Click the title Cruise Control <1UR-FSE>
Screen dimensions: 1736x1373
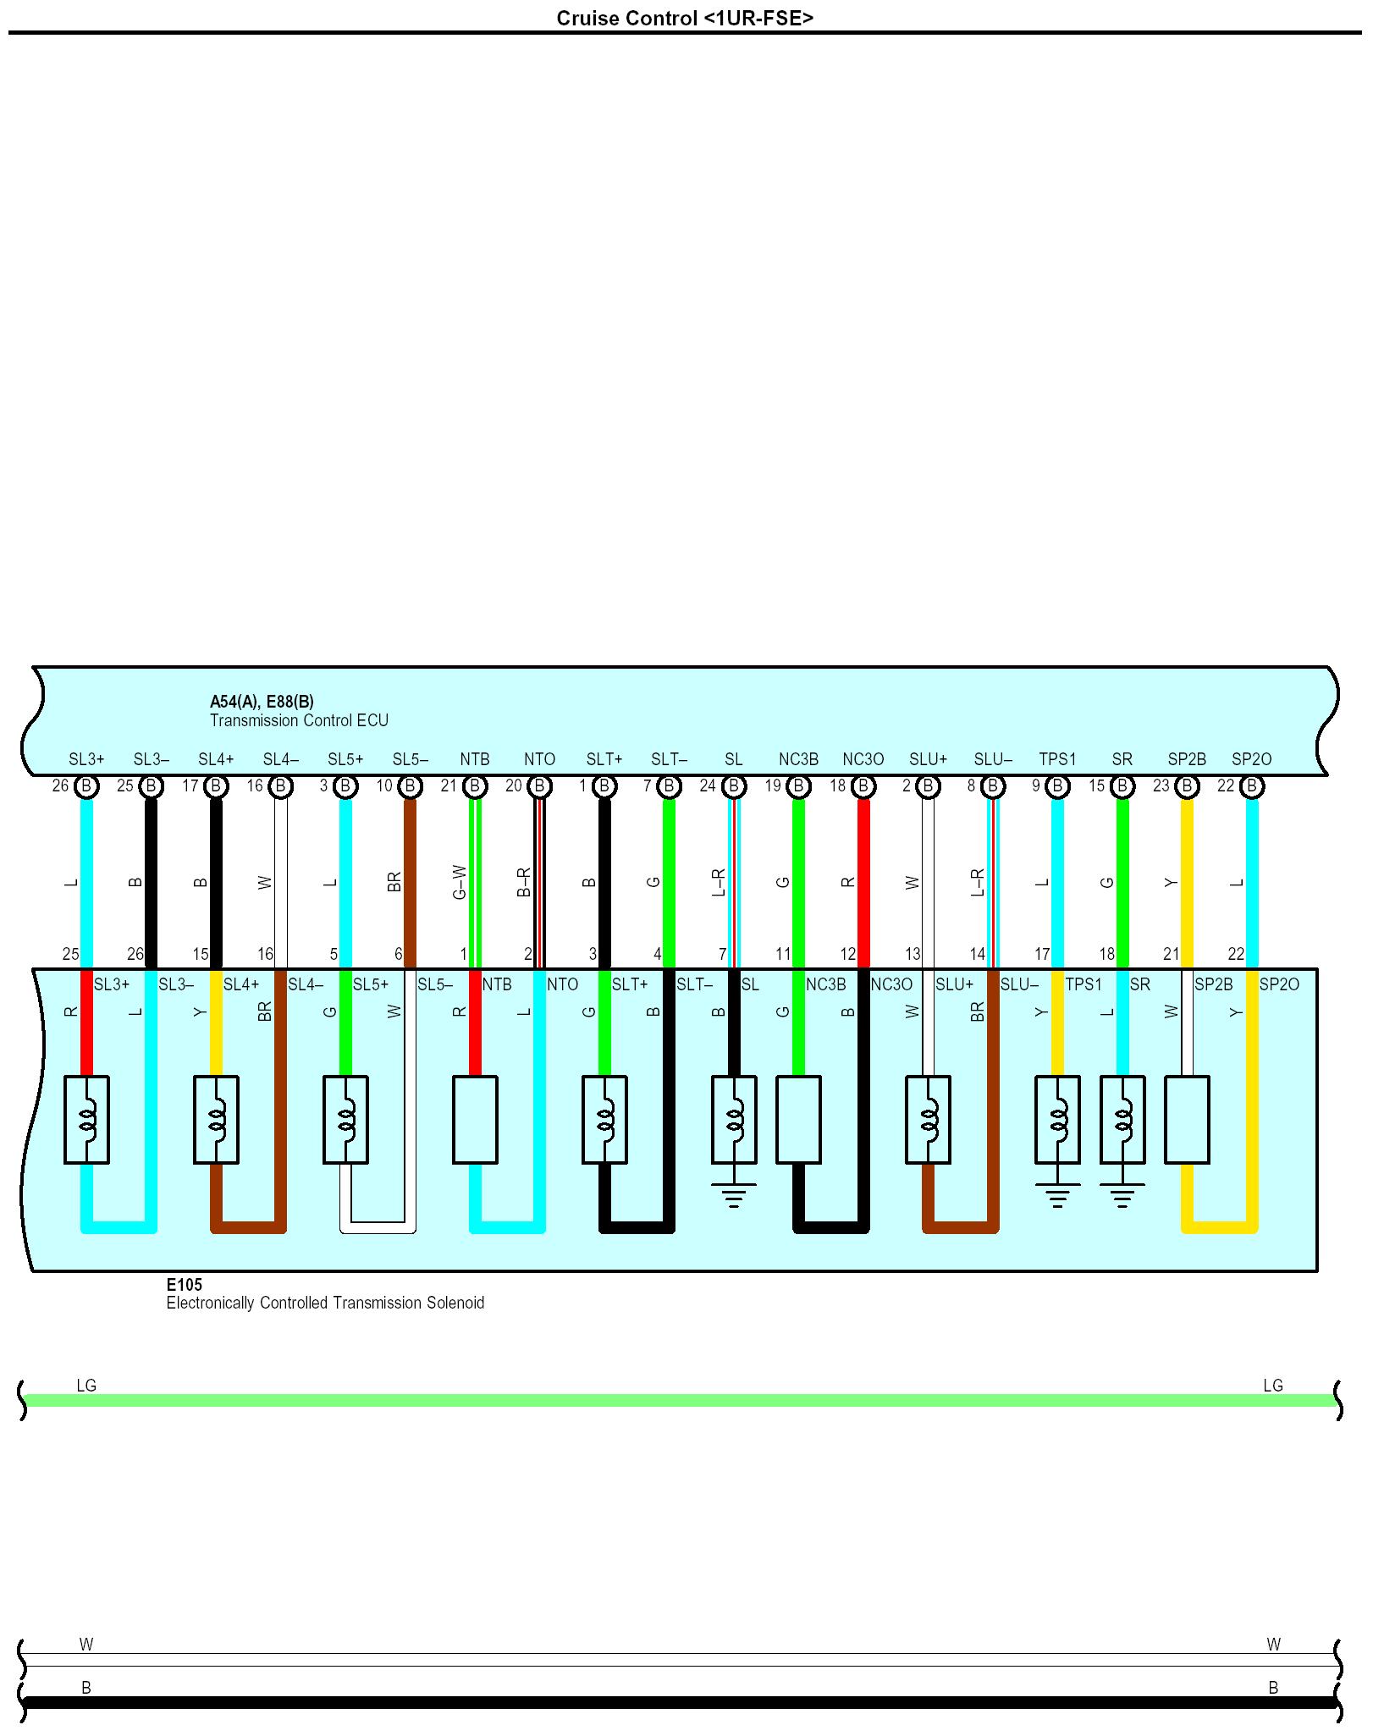pyautogui.click(x=685, y=18)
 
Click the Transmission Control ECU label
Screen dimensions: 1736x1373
pyautogui.click(x=299, y=720)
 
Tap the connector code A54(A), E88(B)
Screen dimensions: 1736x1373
pyautogui.click(x=262, y=702)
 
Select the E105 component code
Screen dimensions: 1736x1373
pyautogui.click(x=184, y=1285)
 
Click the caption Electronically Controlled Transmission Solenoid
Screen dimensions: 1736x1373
pyautogui.click(x=325, y=1303)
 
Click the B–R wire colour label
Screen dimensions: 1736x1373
pyautogui.click(x=525, y=882)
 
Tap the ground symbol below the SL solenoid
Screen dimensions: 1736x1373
pyautogui.click(x=734, y=1194)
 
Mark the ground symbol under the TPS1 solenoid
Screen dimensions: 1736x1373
pyautogui.click(x=1057, y=1194)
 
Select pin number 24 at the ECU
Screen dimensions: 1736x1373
pyautogui.click(x=708, y=786)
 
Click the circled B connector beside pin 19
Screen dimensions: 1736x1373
pyautogui.click(x=798, y=786)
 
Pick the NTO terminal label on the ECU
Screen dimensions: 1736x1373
pyautogui.click(x=539, y=759)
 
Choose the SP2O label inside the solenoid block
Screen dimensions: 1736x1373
pyautogui.click(x=1278, y=984)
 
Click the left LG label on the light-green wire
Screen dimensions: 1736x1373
pyautogui.click(x=86, y=1386)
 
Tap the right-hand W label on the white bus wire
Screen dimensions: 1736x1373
pyautogui.click(x=1273, y=1645)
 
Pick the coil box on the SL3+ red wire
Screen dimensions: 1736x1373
pyautogui.click(x=86, y=1119)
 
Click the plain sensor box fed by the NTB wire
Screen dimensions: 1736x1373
pyautogui.click(x=475, y=1119)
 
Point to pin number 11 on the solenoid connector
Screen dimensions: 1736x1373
pyautogui.click(x=783, y=954)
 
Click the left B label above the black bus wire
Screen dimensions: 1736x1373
pyautogui.click(x=86, y=1688)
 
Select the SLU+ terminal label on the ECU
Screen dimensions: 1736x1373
pyautogui.click(x=928, y=759)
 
